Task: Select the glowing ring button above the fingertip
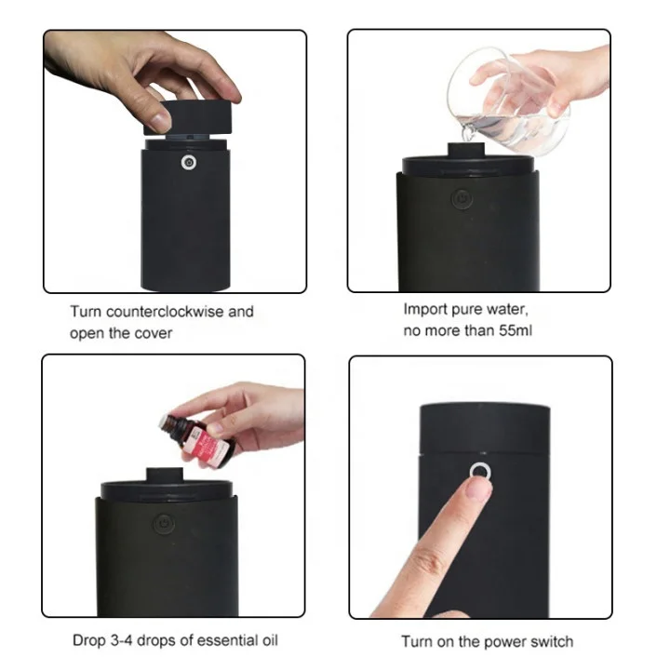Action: click(480, 471)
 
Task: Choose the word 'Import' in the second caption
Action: click(423, 309)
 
